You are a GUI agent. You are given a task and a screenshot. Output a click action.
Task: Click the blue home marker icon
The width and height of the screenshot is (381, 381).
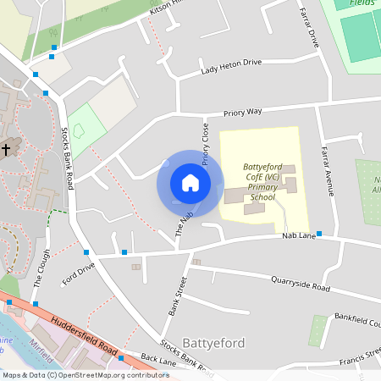point(190,183)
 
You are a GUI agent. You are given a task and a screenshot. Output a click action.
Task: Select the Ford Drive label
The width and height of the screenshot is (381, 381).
point(79,273)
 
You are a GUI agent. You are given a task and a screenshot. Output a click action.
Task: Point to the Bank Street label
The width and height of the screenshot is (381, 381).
point(176,296)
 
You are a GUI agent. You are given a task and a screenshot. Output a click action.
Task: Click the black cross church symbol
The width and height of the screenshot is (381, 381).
point(7,149)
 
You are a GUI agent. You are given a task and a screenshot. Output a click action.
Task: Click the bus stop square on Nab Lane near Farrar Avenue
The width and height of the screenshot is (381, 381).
point(319,234)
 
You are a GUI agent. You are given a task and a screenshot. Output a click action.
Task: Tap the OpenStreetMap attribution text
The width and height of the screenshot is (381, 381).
point(86,374)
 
